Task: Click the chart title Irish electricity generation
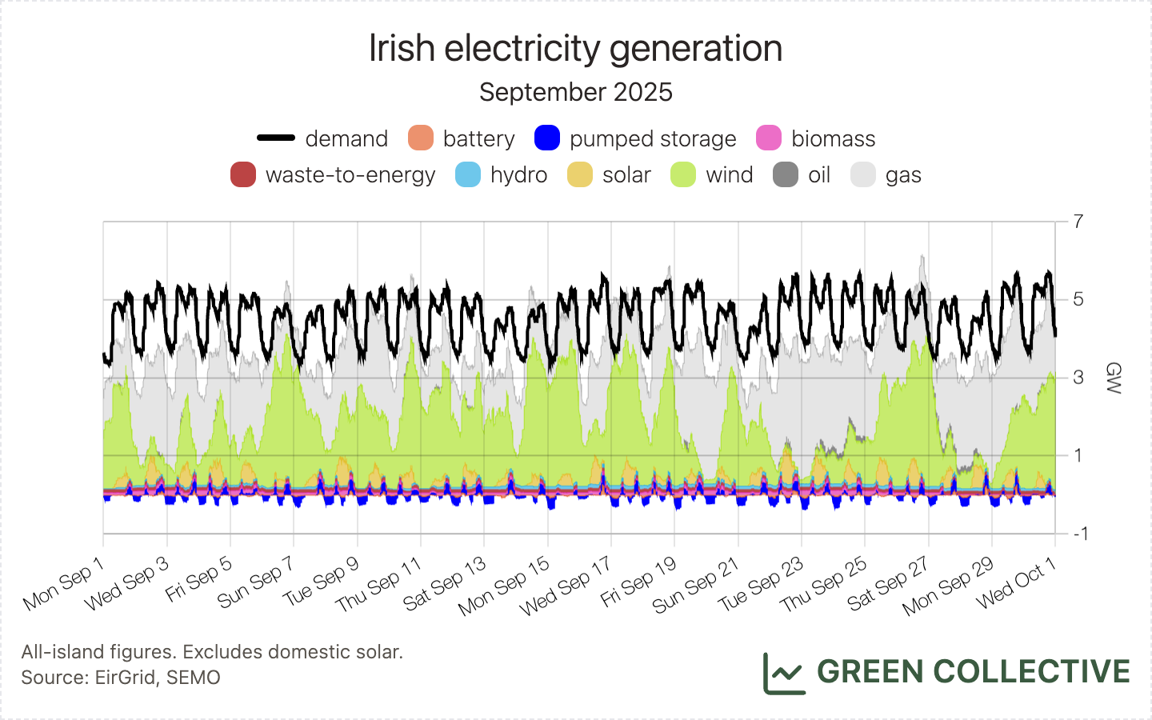click(x=575, y=49)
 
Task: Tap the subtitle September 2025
click(x=575, y=92)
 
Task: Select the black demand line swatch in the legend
click(x=276, y=138)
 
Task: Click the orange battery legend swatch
click(x=421, y=138)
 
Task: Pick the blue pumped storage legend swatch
click(x=547, y=138)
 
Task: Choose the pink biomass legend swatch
click(x=769, y=138)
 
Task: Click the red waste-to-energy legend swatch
click(x=243, y=174)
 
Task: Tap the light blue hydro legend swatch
click(x=468, y=174)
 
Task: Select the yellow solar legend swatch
click(x=580, y=174)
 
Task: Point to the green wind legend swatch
click(x=683, y=174)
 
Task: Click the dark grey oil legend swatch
click(x=786, y=174)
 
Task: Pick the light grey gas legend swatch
click(x=863, y=174)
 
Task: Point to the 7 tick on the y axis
click(x=1078, y=222)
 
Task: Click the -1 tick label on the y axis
click(x=1078, y=534)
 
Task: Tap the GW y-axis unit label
click(x=1113, y=378)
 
